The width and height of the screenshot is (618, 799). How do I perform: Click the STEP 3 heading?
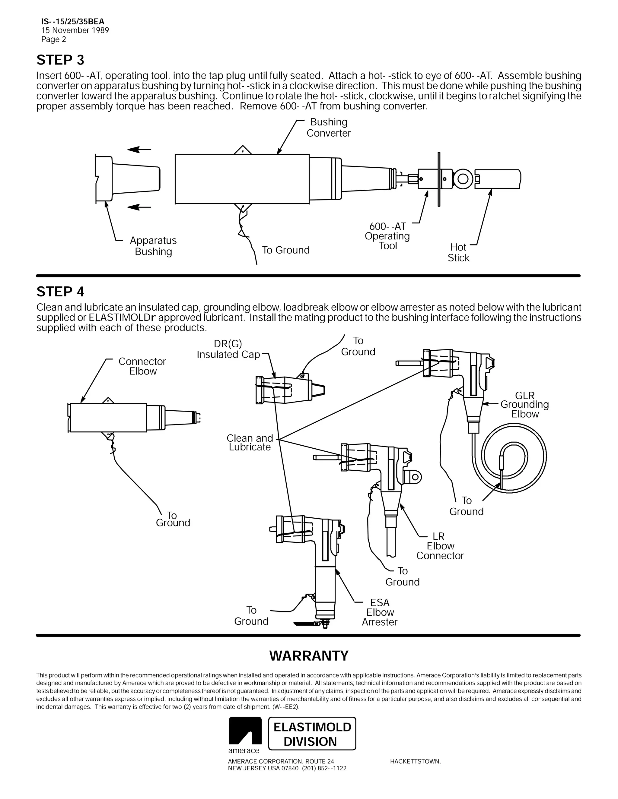pyautogui.click(x=60, y=60)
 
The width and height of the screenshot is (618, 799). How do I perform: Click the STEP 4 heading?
pyautogui.click(x=60, y=292)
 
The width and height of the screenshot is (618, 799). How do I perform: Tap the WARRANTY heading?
pyautogui.click(x=309, y=655)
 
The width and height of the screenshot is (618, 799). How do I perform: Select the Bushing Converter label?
pyautogui.click(x=328, y=128)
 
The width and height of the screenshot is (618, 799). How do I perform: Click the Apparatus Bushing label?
pyautogui.click(x=153, y=246)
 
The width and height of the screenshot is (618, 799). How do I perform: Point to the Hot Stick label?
pyautogui.click(x=458, y=252)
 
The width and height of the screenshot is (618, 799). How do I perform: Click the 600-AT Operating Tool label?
pyautogui.click(x=387, y=236)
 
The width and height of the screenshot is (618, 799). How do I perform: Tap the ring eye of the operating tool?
pyautogui.click(x=463, y=179)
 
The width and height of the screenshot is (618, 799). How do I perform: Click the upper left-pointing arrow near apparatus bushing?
pyautogui.click(x=139, y=150)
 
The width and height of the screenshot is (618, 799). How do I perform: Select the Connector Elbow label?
pyautogui.click(x=142, y=366)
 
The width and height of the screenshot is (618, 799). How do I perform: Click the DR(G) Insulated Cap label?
pyautogui.click(x=228, y=349)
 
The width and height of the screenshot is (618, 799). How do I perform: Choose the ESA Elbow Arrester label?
pyautogui.click(x=380, y=612)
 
